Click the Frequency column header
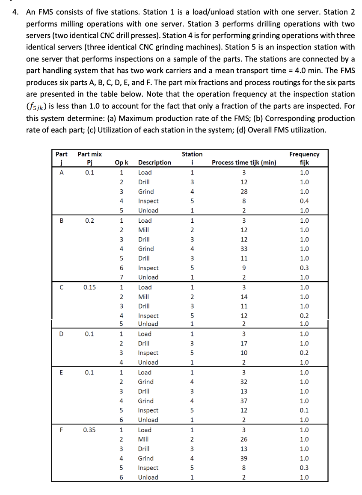[x=304, y=158]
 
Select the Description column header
[x=154, y=162]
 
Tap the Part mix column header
[x=89, y=158]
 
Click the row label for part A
[x=62, y=173]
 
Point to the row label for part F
[x=62, y=430]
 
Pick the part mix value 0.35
[x=89, y=430]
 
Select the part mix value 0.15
[x=89, y=287]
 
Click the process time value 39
[x=244, y=458]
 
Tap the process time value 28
[x=244, y=192]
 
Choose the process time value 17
[x=244, y=343]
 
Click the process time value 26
[x=244, y=439]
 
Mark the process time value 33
[x=244, y=249]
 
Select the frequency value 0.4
[x=304, y=201]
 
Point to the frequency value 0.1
[x=304, y=410]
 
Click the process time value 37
[x=244, y=401]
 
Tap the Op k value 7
[x=122, y=277]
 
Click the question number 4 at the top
[x=15, y=12]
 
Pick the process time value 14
[x=244, y=297]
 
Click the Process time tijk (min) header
[x=244, y=162]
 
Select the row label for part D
[x=62, y=334]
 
